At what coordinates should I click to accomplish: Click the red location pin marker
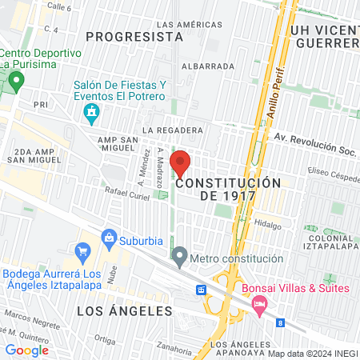[x=181, y=163]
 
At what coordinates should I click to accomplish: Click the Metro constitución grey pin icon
[x=179, y=258]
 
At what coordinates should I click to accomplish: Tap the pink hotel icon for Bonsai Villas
[x=259, y=304]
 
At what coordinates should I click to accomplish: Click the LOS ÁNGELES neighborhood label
[x=125, y=310]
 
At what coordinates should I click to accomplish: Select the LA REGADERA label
[x=171, y=130]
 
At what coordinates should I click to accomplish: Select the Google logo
[x=27, y=350]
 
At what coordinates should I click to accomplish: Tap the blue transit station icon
[x=200, y=289]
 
